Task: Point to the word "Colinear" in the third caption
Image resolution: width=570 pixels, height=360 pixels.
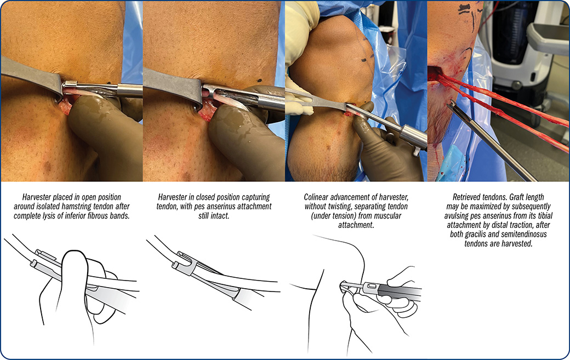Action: pyautogui.click(x=317, y=197)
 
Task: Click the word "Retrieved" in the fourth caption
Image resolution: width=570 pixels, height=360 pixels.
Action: pyautogui.click(x=467, y=197)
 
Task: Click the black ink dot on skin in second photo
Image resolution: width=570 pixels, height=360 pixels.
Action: pyautogui.click(x=259, y=81)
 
